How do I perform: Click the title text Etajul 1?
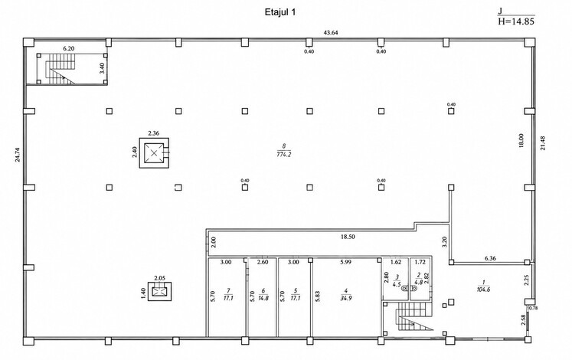pos(280,12)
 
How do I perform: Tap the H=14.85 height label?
pos(516,21)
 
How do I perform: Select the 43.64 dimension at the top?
pos(331,32)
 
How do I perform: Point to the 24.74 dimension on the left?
pos(18,155)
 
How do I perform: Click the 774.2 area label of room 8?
pos(284,155)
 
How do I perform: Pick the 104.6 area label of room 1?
pos(483,290)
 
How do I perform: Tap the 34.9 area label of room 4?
pos(346,299)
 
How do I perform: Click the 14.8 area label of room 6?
pos(263,298)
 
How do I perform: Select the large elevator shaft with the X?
pos(155,153)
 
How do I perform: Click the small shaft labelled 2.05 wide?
pos(160,292)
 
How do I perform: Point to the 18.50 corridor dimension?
pos(348,237)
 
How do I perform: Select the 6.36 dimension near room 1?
pos(490,258)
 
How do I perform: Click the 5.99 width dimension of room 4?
pos(345,262)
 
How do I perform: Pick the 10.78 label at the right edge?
pos(533,308)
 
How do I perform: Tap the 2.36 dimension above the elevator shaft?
pos(154,133)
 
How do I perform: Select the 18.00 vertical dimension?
pos(521,140)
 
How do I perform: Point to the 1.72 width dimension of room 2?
pos(420,262)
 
